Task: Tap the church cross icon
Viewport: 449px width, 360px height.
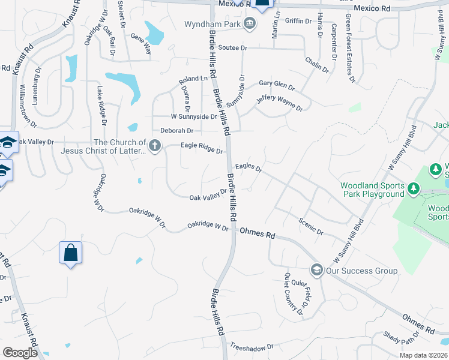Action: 155,146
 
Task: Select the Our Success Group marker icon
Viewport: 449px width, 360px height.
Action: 316,271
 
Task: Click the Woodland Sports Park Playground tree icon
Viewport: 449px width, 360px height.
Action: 414,190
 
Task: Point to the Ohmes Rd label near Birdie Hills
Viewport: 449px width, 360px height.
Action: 257,232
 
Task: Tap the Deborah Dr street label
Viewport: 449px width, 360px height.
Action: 176,130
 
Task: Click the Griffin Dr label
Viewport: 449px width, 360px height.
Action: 299,20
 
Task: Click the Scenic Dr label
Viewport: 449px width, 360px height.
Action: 311,227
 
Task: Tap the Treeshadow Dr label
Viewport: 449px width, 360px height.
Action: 252,347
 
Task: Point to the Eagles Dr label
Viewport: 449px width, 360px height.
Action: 249,167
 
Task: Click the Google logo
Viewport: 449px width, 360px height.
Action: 20,352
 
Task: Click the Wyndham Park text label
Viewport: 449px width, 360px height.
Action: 212,25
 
